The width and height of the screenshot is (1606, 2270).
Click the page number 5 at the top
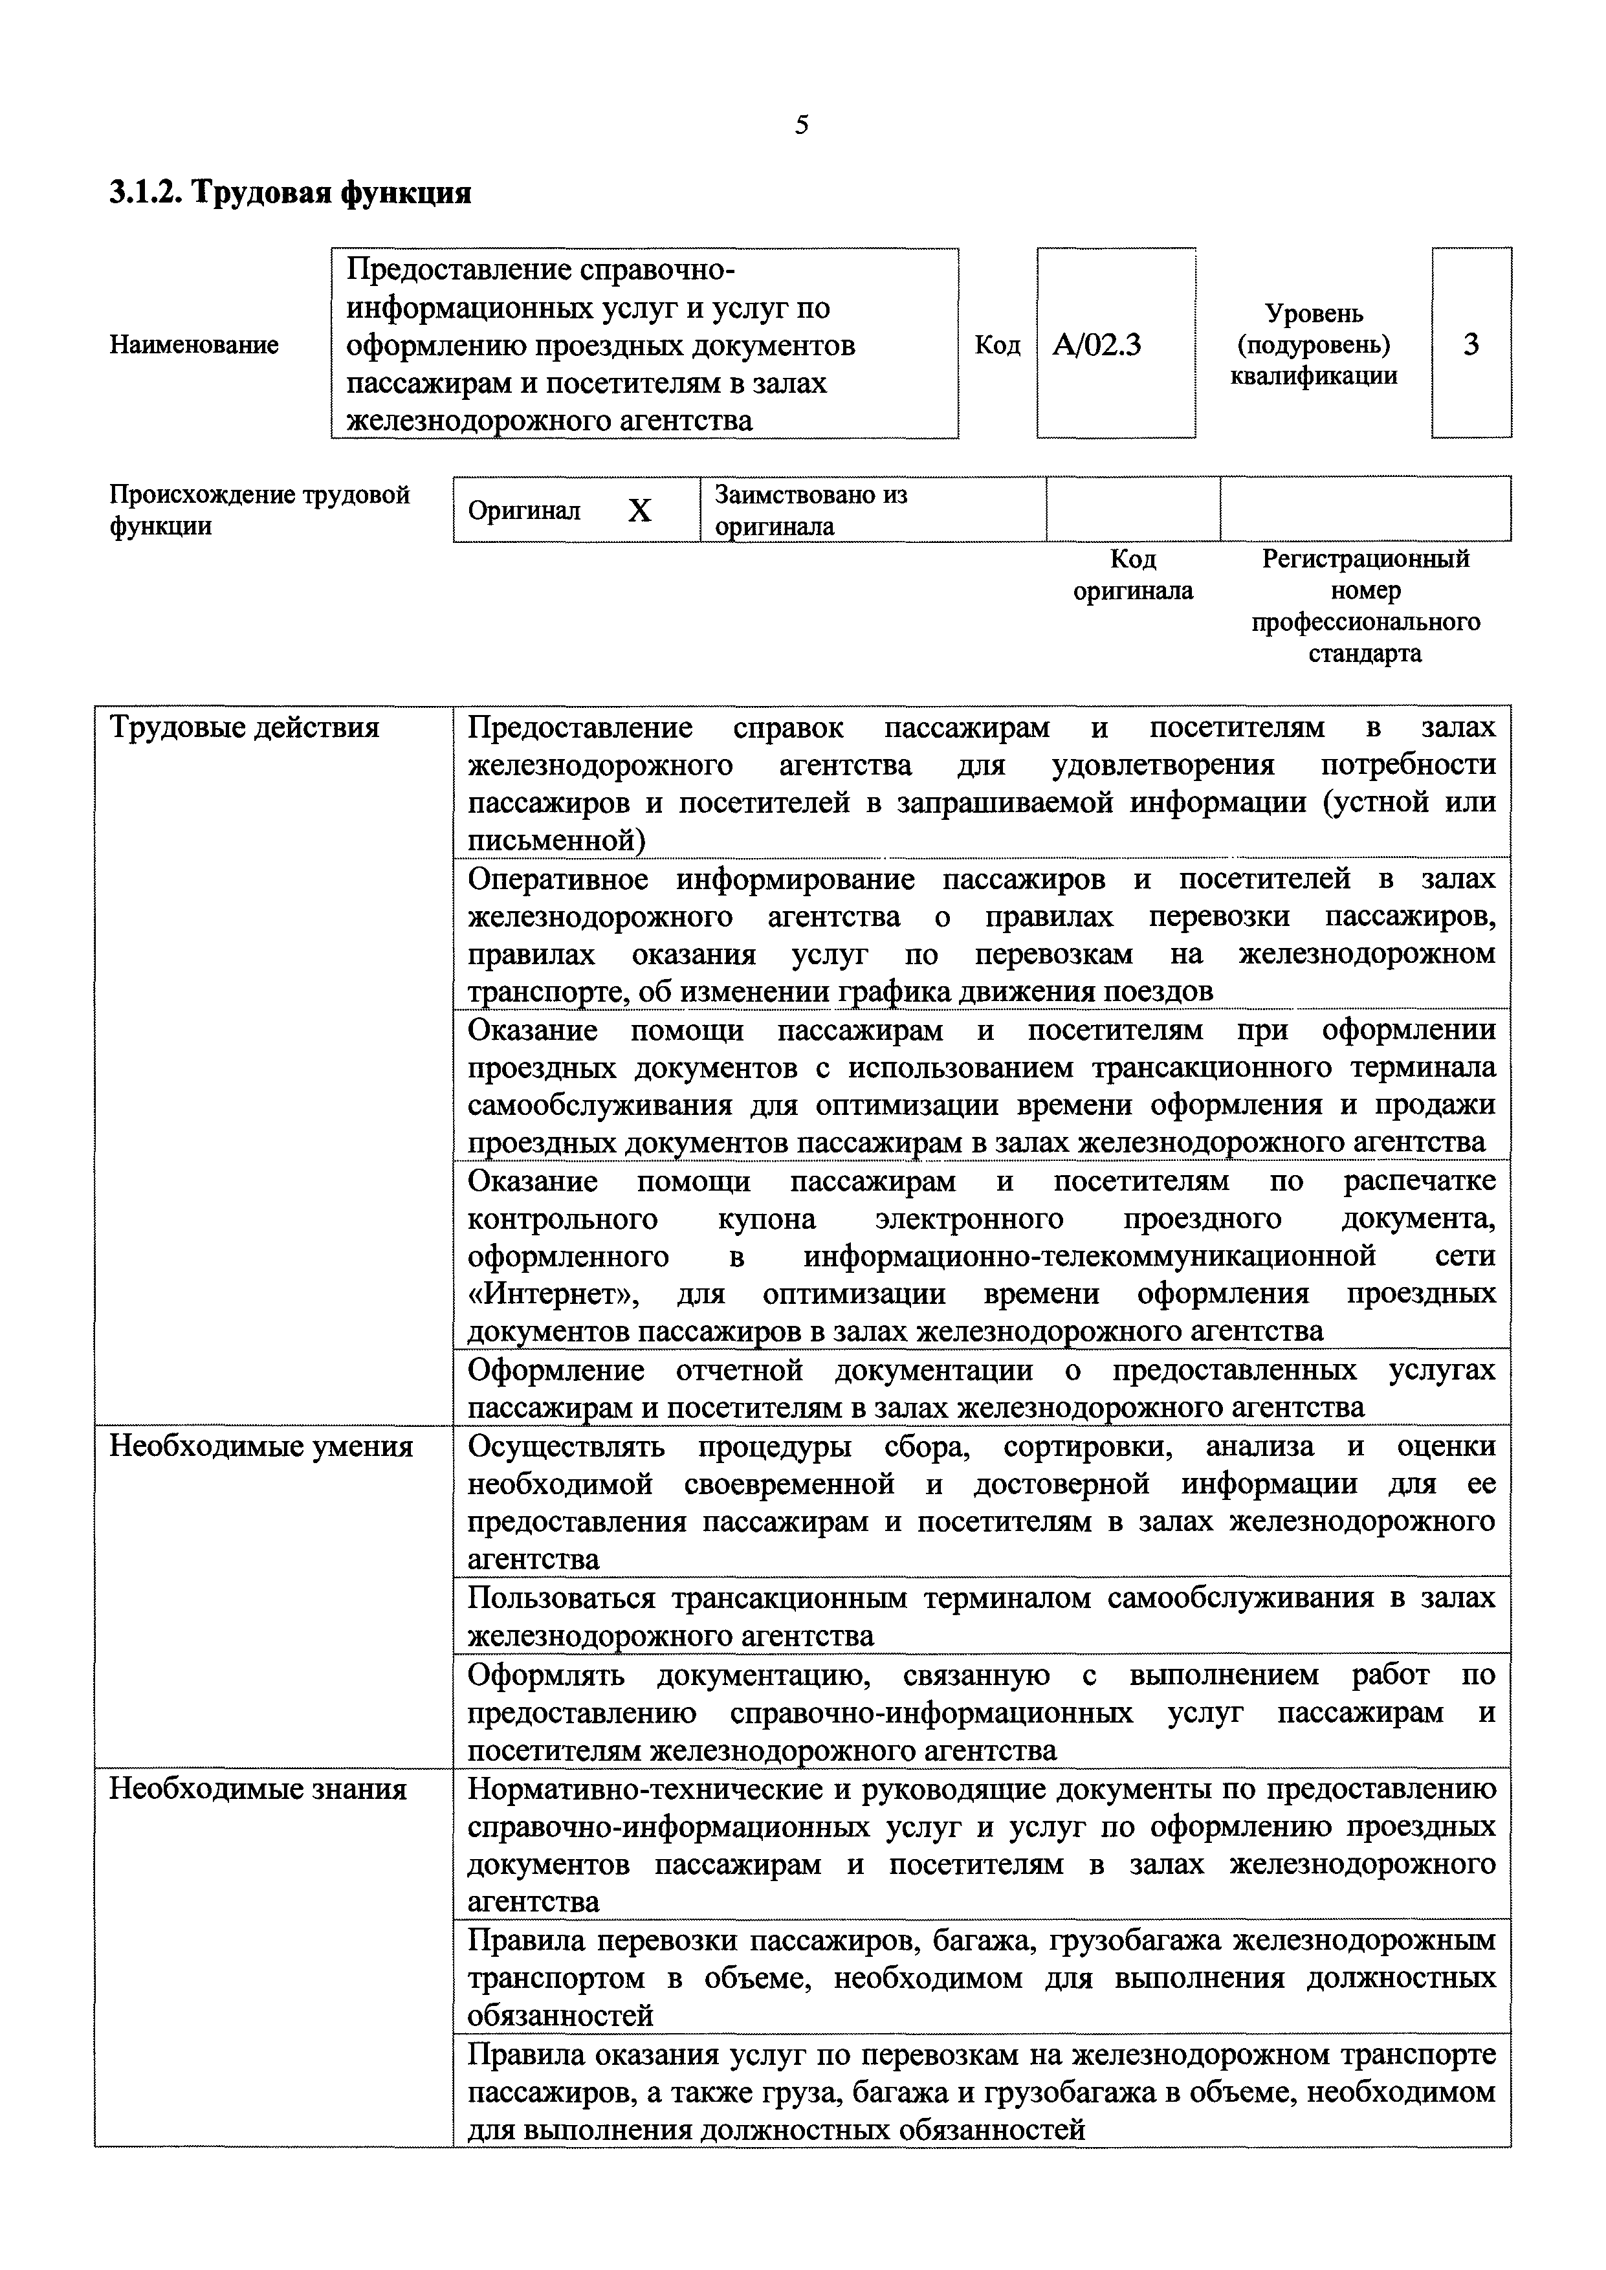[x=801, y=125]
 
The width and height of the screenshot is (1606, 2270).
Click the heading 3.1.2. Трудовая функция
[x=290, y=192]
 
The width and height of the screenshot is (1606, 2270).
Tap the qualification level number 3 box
[x=1471, y=344]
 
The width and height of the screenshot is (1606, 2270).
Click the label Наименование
[x=194, y=345]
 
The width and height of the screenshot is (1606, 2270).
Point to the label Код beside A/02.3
[x=997, y=345]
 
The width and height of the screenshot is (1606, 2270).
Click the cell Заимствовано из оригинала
[x=811, y=510]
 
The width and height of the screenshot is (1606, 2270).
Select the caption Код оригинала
[x=1132, y=575]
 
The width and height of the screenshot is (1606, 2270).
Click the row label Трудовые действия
[x=243, y=728]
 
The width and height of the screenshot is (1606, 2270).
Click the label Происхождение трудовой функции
[x=259, y=510]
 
